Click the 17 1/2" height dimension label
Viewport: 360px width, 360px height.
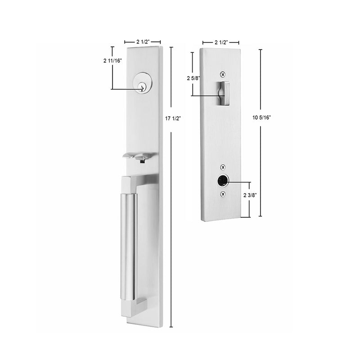tap(173, 118)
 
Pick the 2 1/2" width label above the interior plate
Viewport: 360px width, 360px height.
tap(220, 42)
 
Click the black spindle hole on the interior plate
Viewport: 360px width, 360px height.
tap(222, 181)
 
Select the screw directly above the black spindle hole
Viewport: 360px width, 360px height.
tap(222, 167)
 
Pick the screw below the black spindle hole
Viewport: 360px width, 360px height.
tap(222, 194)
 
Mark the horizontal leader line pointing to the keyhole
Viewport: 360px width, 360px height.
tap(126, 89)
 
